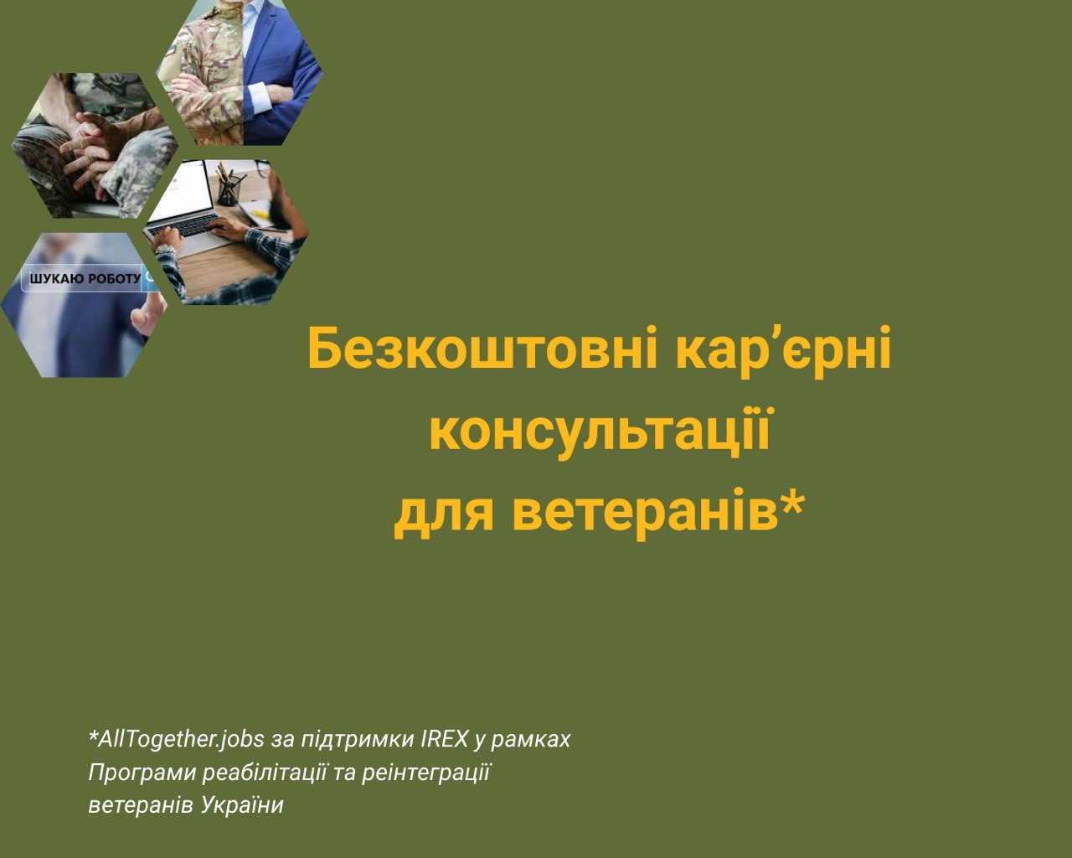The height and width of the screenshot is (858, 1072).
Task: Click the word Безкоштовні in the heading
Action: (482, 348)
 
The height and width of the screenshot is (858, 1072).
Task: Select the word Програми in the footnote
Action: (142, 773)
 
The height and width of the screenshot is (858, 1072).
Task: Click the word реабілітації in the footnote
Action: (265, 773)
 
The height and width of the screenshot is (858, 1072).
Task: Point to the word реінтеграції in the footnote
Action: (426, 773)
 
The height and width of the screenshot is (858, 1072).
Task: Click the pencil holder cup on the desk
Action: (229, 191)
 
